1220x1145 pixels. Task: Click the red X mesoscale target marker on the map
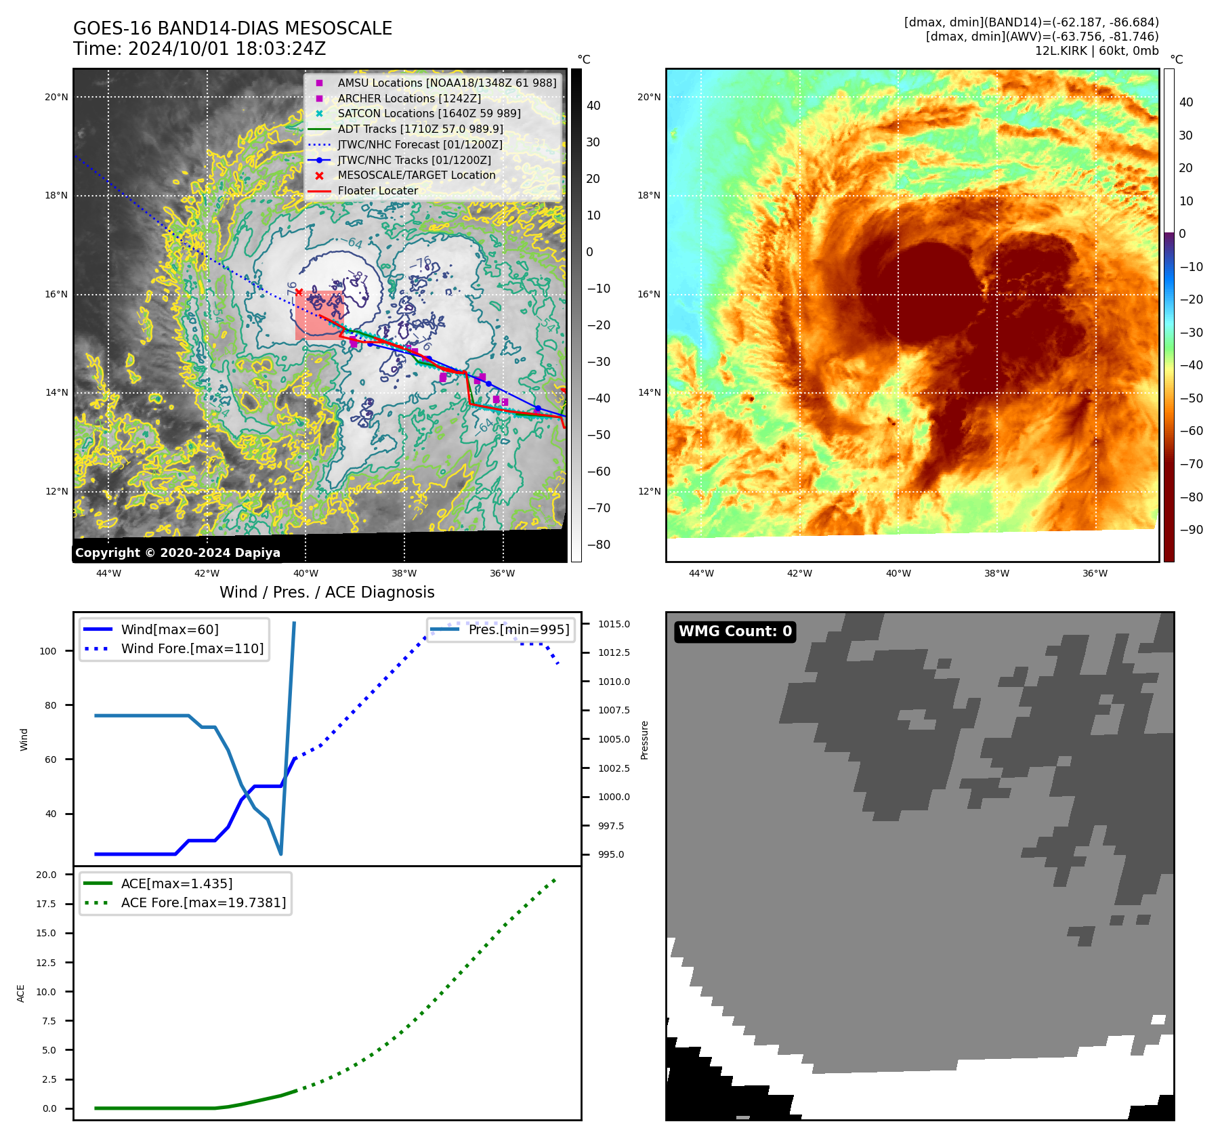click(x=299, y=292)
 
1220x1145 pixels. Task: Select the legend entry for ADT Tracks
click(x=420, y=129)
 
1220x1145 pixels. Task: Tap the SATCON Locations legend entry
click(x=429, y=113)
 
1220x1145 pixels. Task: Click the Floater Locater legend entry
click(x=377, y=190)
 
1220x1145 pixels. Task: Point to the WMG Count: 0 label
click(x=735, y=631)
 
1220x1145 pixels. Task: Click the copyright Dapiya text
click(x=177, y=553)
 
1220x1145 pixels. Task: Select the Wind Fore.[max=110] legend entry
click(x=192, y=648)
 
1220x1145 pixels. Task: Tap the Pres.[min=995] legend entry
click(x=518, y=629)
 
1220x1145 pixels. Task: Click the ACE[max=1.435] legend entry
click(x=176, y=883)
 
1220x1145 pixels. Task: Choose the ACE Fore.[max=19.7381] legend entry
click(x=203, y=902)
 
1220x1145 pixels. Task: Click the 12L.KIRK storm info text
click(x=1096, y=51)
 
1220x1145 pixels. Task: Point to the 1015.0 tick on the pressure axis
click(x=614, y=624)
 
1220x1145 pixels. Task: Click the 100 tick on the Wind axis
click(x=48, y=651)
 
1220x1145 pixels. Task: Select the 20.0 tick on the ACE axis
click(x=46, y=875)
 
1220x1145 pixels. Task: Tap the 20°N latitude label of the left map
click(x=56, y=97)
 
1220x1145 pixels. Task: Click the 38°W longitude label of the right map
click(x=996, y=573)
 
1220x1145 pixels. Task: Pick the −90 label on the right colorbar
click(x=1191, y=530)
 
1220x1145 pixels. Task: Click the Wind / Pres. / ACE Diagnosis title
click(x=327, y=592)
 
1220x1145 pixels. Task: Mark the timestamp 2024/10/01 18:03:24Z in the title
click(x=227, y=49)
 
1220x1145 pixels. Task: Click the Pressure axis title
click(x=644, y=740)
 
